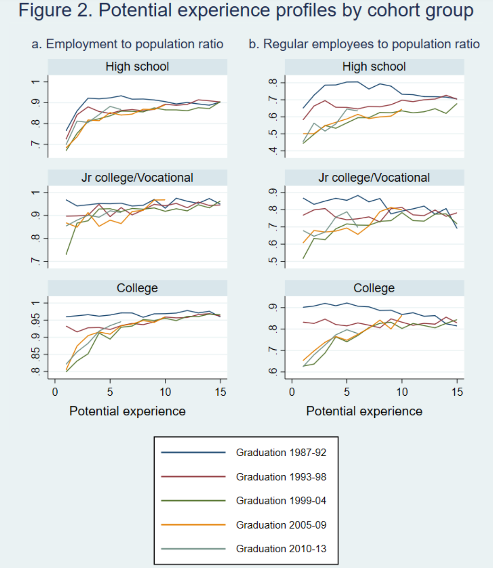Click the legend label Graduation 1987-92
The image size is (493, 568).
pos(281,452)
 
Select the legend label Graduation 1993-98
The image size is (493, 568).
pos(281,477)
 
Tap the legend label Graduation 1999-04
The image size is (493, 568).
pos(281,501)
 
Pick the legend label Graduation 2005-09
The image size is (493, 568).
pos(281,525)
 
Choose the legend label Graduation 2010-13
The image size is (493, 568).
pos(281,549)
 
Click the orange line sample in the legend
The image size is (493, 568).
pos(193,525)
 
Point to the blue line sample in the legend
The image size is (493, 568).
pos(193,452)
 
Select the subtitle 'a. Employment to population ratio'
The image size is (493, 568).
pos(127,44)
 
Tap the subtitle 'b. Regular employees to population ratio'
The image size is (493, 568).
pos(364,44)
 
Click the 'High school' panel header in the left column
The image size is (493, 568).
pos(137,66)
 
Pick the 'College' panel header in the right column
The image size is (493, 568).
pos(374,288)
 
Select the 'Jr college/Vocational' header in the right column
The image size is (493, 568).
pos(374,178)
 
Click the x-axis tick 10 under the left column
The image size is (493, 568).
pos(165,392)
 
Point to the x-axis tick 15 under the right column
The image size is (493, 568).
pos(457,392)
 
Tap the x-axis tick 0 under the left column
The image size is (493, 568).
pos(55,392)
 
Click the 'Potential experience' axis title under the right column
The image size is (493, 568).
pos(364,411)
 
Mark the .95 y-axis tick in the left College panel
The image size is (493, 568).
pos(36,320)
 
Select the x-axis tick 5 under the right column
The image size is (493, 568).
pos(347,392)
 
